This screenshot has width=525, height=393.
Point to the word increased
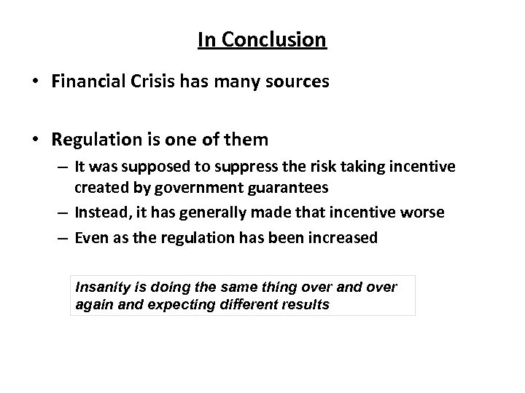point(341,237)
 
